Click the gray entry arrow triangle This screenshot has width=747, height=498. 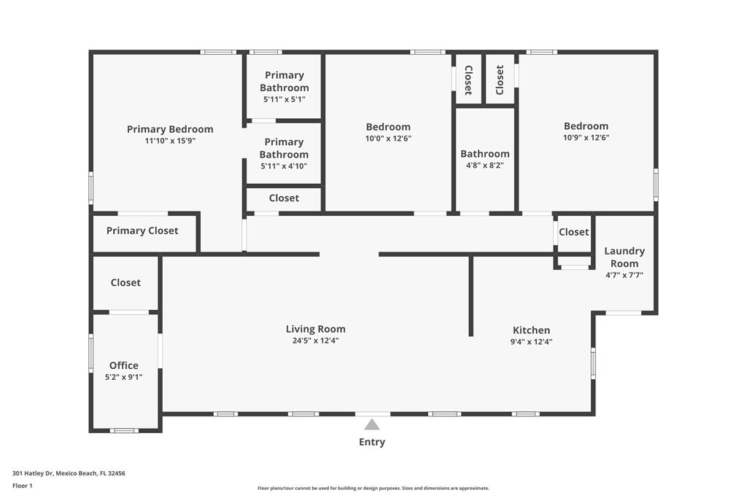(x=372, y=424)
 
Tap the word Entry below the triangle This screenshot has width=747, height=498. (x=372, y=442)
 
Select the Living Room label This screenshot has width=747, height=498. (x=315, y=329)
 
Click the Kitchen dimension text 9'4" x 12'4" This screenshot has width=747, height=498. (x=531, y=341)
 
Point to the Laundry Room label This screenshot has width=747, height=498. (x=624, y=257)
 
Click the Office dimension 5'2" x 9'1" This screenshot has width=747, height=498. (x=124, y=377)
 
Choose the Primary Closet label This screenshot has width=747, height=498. (x=142, y=231)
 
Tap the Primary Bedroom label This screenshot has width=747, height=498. (x=170, y=129)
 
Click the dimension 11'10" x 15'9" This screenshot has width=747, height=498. (x=170, y=141)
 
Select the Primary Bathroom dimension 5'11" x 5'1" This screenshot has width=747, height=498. (x=285, y=99)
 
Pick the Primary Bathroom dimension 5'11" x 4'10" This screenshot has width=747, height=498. (x=284, y=166)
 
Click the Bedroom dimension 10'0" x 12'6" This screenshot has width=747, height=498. (x=388, y=139)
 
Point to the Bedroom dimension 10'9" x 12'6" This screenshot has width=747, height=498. (x=586, y=138)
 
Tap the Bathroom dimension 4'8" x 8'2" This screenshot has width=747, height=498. (x=485, y=166)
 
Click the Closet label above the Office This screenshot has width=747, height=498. (x=125, y=283)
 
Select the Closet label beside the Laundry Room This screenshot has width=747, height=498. (x=573, y=232)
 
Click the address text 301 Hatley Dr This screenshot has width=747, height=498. (x=33, y=473)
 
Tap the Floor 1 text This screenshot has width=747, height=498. (x=23, y=486)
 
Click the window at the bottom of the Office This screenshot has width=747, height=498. (x=124, y=430)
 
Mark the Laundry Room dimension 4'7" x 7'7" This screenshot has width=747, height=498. (x=624, y=275)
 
